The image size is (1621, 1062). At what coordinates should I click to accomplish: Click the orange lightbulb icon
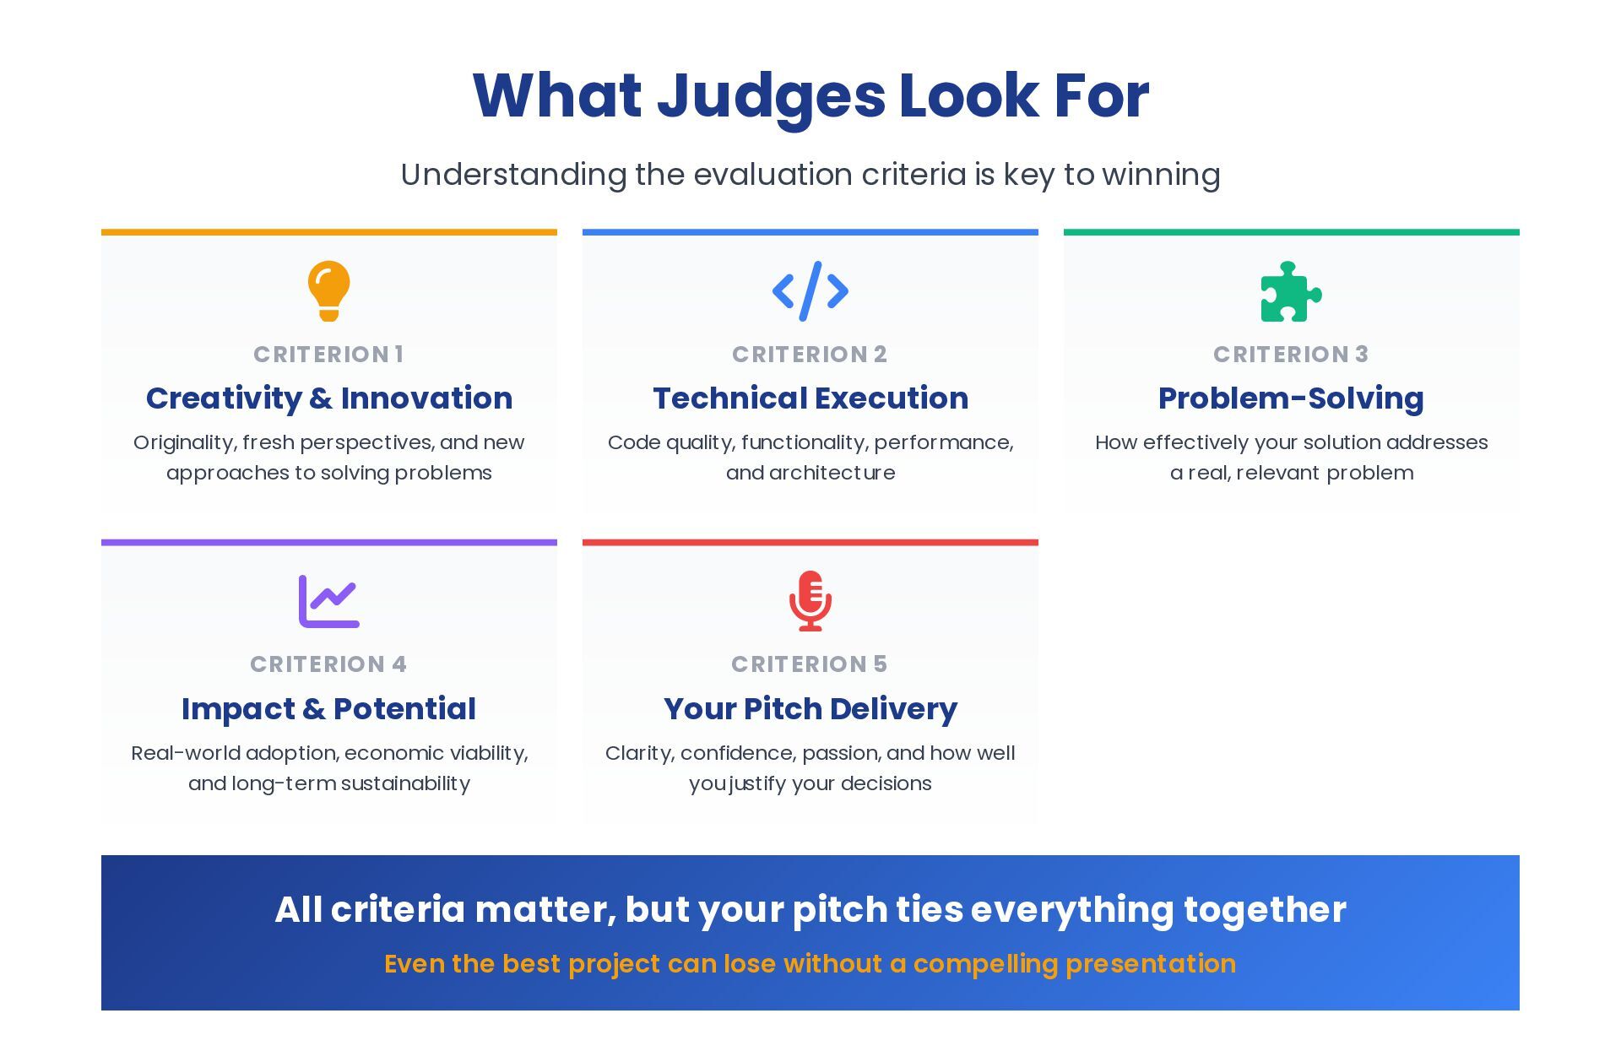[329, 290]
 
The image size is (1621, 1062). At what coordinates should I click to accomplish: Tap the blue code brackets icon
[810, 291]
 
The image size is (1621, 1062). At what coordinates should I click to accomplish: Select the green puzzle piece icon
[1291, 292]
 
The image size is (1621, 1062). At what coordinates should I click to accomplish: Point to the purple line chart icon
[329, 601]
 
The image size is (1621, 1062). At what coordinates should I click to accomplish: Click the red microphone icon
[810, 601]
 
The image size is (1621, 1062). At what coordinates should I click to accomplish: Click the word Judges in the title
[771, 96]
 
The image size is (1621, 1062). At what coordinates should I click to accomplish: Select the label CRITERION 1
[329, 355]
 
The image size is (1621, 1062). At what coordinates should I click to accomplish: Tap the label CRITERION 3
[1291, 355]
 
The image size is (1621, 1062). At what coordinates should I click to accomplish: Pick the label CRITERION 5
[810, 664]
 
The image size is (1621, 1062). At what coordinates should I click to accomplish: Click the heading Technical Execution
[810, 398]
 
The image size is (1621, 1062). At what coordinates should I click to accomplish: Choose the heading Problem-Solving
[1291, 398]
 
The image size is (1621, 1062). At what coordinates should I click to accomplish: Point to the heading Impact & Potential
[329, 709]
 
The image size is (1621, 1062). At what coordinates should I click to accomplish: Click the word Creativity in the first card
[224, 398]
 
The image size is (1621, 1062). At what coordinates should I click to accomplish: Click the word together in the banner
[1265, 910]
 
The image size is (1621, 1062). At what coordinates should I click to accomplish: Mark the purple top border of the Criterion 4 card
[329, 543]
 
